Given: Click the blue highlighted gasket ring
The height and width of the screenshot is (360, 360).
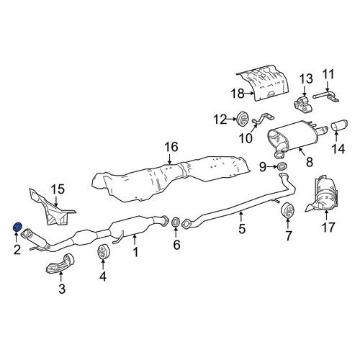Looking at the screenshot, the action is pos(17,227).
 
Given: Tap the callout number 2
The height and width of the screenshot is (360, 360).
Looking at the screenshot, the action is pos(17,250).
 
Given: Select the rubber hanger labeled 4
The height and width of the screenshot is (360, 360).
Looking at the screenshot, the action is pos(104,252).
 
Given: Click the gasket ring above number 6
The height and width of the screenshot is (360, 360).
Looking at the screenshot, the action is pos(176,222).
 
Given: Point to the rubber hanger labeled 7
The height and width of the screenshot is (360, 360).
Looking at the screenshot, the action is pos(287,210).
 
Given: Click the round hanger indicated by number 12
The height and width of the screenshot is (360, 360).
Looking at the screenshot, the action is pos(243,119).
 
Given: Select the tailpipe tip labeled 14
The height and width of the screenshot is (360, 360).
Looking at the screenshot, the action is pos(340,125).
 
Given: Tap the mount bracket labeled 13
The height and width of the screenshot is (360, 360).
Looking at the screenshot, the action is pos(303,104).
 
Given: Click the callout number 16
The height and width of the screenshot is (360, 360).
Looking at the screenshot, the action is pos(171,147).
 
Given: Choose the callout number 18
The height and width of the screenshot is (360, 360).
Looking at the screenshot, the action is pos(237,94).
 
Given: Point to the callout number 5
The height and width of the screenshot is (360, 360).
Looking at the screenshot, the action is pos(242,228).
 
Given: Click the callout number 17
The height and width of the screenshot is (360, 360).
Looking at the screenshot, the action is pos(328,227).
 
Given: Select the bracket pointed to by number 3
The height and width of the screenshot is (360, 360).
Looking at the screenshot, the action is pos(60,266).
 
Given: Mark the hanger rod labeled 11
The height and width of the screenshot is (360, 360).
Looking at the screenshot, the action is pos(326,97).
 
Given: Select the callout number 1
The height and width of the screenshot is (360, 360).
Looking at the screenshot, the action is pos(136,252).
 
